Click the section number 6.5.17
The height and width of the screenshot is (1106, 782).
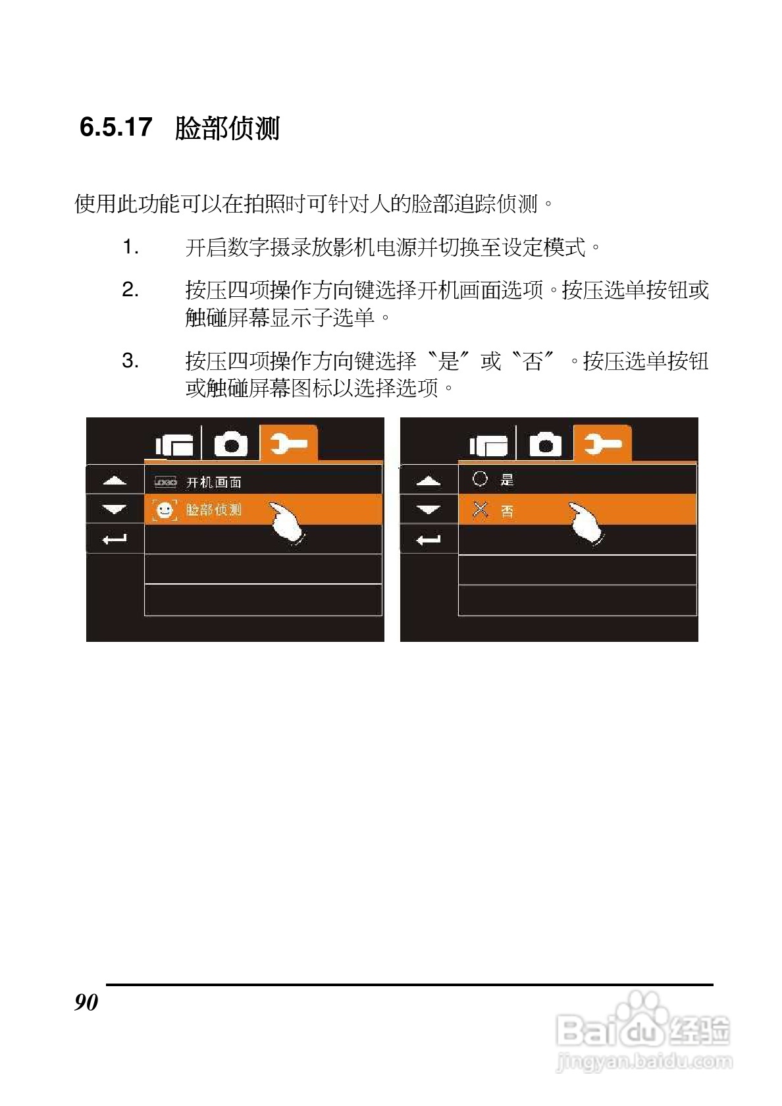pyautogui.click(x=116, y=127)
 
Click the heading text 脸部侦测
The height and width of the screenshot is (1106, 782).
pyautogui.click(x=227, y=128)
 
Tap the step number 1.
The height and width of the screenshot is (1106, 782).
pyautogui.click(x=130, y=248)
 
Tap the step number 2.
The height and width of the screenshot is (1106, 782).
pyautogui.click(x=130, y=290)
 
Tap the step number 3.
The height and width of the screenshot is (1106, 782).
pyautogui.click(x=130, y=361)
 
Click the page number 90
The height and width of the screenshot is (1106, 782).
pyautogui.click(x=86, y=1002)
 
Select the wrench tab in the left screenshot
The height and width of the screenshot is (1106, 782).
pyautogui.click(x=288, y=444)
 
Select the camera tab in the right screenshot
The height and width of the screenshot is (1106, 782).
pyautogui.click(x=546, y=444)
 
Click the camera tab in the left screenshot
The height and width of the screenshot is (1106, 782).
pyautogui.click(x=231, y=444)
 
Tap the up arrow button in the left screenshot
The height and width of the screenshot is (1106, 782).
pyautogui.click(x=115, y=481)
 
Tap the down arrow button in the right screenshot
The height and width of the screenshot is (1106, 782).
pyautogui.click(x=429, y=510)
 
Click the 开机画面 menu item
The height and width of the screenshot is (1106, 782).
pyautogui.click(x=213, y=483)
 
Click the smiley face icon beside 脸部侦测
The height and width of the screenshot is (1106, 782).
pyautogui.click(x=165, y=510)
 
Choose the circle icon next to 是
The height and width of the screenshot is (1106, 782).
pyautogui.click(x=480, y=479)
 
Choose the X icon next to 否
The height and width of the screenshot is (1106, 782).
pyautogui.click(x=481, y=510)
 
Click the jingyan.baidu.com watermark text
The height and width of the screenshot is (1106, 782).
pyautogui.click(x=644, y=1061)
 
